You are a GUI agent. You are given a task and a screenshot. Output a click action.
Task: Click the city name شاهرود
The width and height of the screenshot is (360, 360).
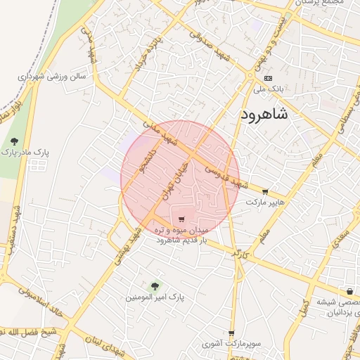pos(264,115)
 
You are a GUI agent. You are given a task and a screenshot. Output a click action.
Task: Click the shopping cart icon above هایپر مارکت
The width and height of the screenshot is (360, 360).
pos(265,191)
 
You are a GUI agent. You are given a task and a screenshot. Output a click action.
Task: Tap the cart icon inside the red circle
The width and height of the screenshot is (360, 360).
pos(183,219)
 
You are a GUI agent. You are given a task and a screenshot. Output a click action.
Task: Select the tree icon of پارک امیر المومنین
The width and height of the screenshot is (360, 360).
pos(155,285)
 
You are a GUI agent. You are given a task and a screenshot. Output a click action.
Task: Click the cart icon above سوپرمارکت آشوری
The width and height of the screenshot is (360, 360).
pos(231,333)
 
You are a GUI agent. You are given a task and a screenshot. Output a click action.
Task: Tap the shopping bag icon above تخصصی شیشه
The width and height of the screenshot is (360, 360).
pos(349,292)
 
